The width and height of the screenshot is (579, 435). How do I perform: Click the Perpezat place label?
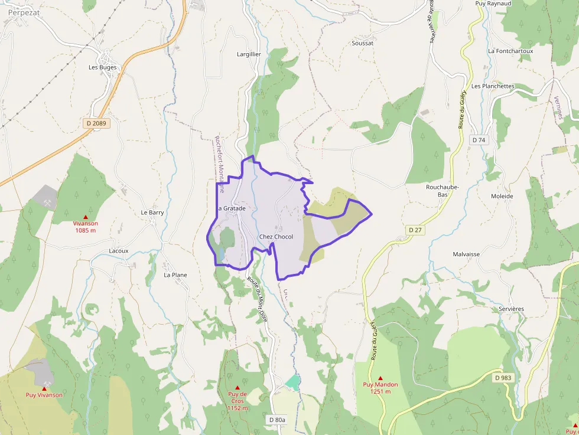click(x=23, y=11)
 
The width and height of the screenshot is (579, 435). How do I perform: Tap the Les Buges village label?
click(x=103, y=67)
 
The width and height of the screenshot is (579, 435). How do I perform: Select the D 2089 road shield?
click(x=95, y=123)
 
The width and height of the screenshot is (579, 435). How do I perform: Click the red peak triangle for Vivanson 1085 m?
click(x=85, y=217)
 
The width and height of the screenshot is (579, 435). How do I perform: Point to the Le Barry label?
click(x=152, y=212)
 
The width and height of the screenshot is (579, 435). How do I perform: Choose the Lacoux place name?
click(x=119, y=251)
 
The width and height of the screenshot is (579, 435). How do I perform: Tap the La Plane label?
click(x=175, y=275)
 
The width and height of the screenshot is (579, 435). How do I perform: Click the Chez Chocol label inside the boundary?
click(x=276, y=237)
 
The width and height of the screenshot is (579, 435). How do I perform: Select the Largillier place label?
click(x=249, y=54)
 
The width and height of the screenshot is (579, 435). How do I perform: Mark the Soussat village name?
click(x=362, y=43)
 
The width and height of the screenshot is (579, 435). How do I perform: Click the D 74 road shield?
click(x=479, y=140)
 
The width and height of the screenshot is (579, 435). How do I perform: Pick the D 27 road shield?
click(x=415, y=229)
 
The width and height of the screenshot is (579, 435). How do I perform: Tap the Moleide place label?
click(x=502, y=197)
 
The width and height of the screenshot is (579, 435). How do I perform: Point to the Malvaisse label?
click(x=466, y=254)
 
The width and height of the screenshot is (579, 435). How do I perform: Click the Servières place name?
click(x=510, y=309)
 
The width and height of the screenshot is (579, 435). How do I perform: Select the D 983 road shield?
click(x=503, y=378)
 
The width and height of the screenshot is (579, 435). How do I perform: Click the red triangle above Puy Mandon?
click(x=380, y=378)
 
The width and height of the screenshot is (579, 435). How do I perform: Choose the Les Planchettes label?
click(x=493, y=86)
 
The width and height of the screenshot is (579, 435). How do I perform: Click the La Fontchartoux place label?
click(x=510, y=51)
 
